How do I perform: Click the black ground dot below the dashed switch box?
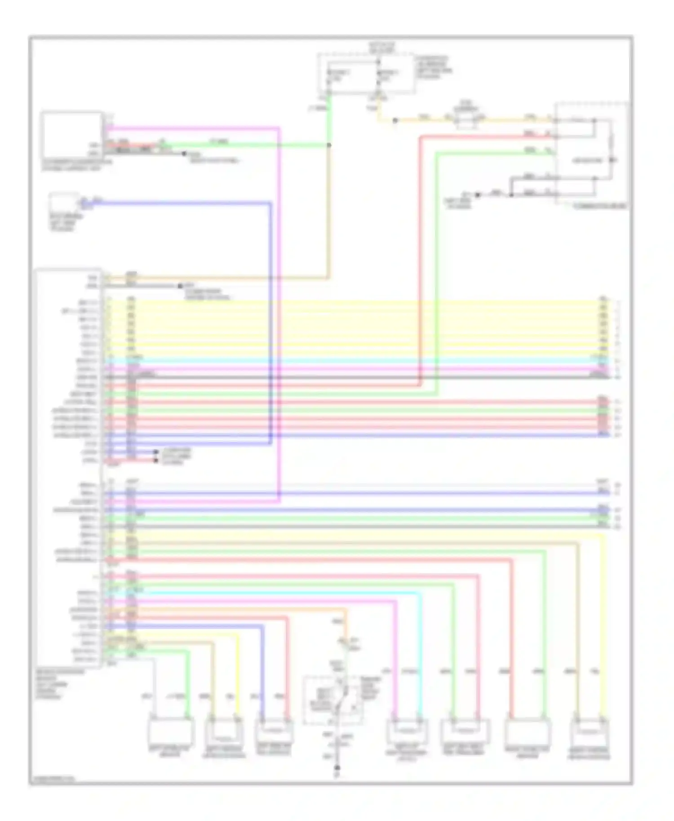(x=337, y=768)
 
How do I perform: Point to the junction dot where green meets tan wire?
(x=329, y=145)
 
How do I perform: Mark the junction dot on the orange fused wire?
(x=395, y=120)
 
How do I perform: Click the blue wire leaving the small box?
(x=180, y=203)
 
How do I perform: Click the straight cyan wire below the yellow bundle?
(x=359, y=361)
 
